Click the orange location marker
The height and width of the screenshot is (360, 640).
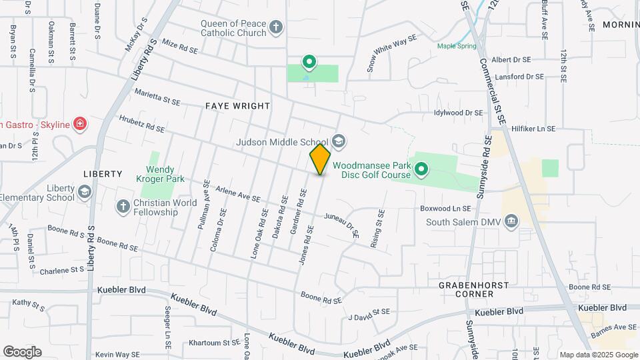click(320, 160)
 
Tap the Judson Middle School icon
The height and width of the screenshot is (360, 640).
click(339, 141)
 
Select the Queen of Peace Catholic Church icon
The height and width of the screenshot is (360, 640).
click(276, 28)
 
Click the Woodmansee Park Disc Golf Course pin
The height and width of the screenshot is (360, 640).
click(421, 171)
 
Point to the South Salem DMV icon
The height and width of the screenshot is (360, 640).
click(511, 221)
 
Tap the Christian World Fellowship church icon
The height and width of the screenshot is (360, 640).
click(123, 207)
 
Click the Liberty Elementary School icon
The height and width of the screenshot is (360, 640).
click(85, 193)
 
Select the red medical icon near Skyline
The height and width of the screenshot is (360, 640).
click(79, 123)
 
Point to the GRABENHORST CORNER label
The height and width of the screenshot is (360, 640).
click(474, 289)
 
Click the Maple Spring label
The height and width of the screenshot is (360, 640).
click(457, 46)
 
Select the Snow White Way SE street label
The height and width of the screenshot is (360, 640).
click(391, 53)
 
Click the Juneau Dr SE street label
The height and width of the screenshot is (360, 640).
click(341, 225)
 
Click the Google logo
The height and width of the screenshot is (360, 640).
click(22, 351)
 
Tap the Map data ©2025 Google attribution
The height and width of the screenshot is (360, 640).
click(598, 355)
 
